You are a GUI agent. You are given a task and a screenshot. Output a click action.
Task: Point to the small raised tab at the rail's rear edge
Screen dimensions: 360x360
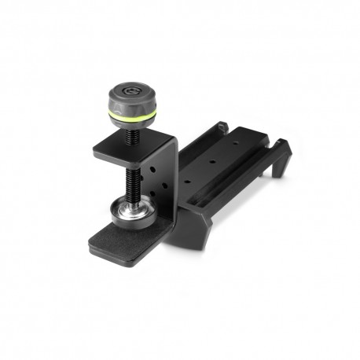[x=222, y=126]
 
